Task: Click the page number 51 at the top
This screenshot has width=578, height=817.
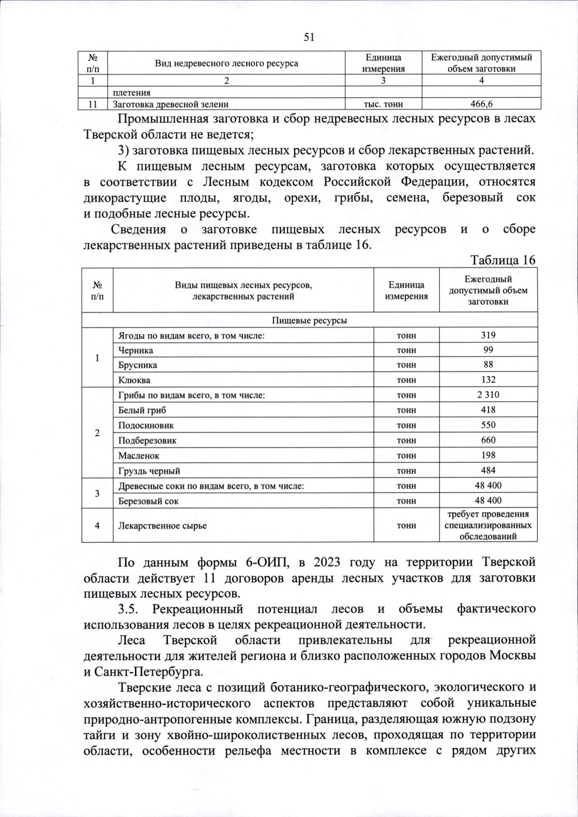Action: pyautogui.click(x=309, y=37)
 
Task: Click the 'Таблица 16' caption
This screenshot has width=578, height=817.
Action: pyautogui.click(x=503, y=260)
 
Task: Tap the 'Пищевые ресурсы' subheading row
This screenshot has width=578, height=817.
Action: pyautogui.click(x=310, y=320)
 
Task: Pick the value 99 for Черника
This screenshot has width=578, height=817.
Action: pyautogui.click(x=488, y=350)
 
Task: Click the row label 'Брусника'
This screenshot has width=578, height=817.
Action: pyautogui.click(x=138, y=365)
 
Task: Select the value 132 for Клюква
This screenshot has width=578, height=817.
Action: pyautogui.click(x=488, y=380)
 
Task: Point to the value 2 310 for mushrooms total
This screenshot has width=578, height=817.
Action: pyautogui.click(x=488, y=395)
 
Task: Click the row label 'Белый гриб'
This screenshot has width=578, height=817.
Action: pyautogui.click(x=142, y=410)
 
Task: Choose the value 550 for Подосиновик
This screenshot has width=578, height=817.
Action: pyautogui.click(x=488, y=425)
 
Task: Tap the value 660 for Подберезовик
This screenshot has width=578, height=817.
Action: pyautogui.click(x=488, y=440)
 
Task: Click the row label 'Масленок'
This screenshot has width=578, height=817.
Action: pyautogui.click(x=139, y=455)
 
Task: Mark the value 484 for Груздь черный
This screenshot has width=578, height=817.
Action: pyautogui.click(x=488, y=470)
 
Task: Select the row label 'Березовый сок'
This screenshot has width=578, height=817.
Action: pyautogui.click(x=148, y=501)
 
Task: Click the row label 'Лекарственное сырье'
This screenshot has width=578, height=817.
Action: pyautogui.click(x=162, y=525)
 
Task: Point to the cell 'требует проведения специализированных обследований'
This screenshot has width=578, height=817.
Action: pyautogui.click(x=488, y=525)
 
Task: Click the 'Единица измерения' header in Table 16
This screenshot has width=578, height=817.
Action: pyautogui.click(x=406, y=290)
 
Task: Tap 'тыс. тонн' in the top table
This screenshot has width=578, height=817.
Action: pyautogui.click(x=383, y=104)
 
